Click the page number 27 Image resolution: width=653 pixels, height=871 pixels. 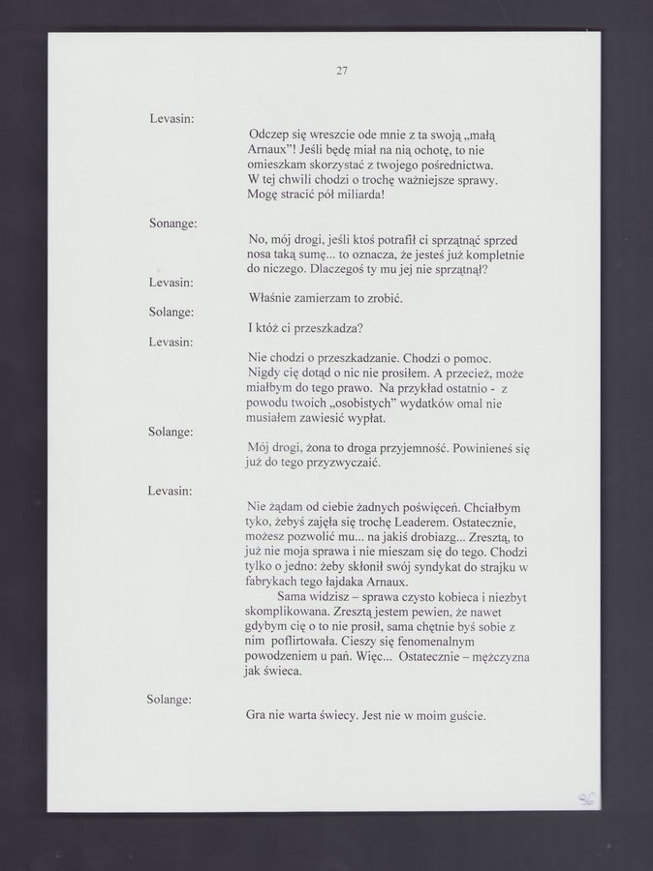coord(342,70)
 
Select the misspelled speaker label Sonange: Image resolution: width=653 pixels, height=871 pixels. coord(173,224)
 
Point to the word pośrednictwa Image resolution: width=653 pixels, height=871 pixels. coord(459,165)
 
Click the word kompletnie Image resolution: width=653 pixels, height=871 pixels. coord(493,255)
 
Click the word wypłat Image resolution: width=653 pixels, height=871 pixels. coord(366,418)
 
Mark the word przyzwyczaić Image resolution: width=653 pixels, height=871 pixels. coord(339,463)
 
